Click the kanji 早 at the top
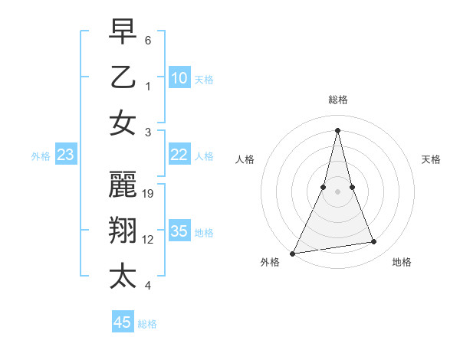pos(123,33)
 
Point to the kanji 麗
pos(123,185)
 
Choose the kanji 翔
pos(123,230)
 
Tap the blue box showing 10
pos(179,77)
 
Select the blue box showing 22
pos(179,155)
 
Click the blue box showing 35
pos(179,231)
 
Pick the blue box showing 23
pos(66,155)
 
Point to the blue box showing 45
pos(123,322)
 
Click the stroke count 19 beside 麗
pos(149,194)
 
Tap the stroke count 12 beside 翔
pos(149,240)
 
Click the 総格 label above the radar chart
pos(337,100)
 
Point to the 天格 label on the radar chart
pos(431,159)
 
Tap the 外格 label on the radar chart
pos(270,263)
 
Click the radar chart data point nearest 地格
pos(374,242)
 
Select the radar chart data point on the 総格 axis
pos(337,129)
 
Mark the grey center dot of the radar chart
pos(337,191)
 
